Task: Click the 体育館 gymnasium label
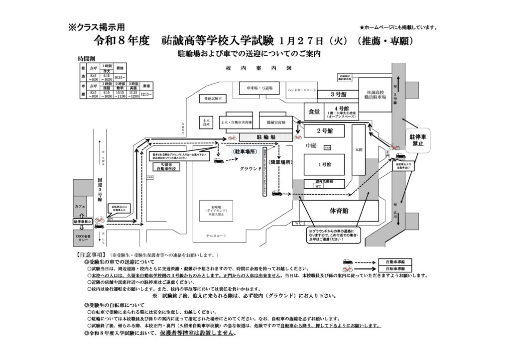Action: (338, 211)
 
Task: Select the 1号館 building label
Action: (325, 164)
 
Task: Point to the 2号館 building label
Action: (325, 130)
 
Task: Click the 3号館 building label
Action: (338, 94)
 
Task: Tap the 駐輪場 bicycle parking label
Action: (259, 135)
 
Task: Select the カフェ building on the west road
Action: (81, 206)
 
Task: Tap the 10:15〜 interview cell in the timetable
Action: (120, 78)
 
